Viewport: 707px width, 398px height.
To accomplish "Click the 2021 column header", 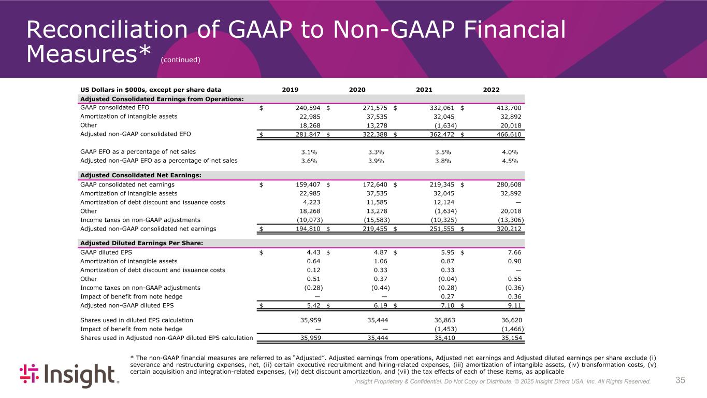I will [x=425, y=90].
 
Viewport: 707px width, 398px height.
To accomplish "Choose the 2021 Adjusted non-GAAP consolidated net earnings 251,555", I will [x=440, y=229].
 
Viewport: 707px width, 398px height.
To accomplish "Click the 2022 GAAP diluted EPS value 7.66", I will [x=512, y=252].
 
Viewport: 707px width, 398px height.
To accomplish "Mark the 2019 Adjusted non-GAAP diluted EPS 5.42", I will [x=311, y=305].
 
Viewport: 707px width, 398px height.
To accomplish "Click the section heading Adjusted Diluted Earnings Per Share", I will [x=141, y=243].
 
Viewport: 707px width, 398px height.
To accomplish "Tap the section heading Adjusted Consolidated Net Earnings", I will [x=140, y=175].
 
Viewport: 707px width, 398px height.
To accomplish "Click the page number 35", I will [x=680, y=380].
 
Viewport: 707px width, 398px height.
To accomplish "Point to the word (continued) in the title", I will [x=180, y=60].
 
